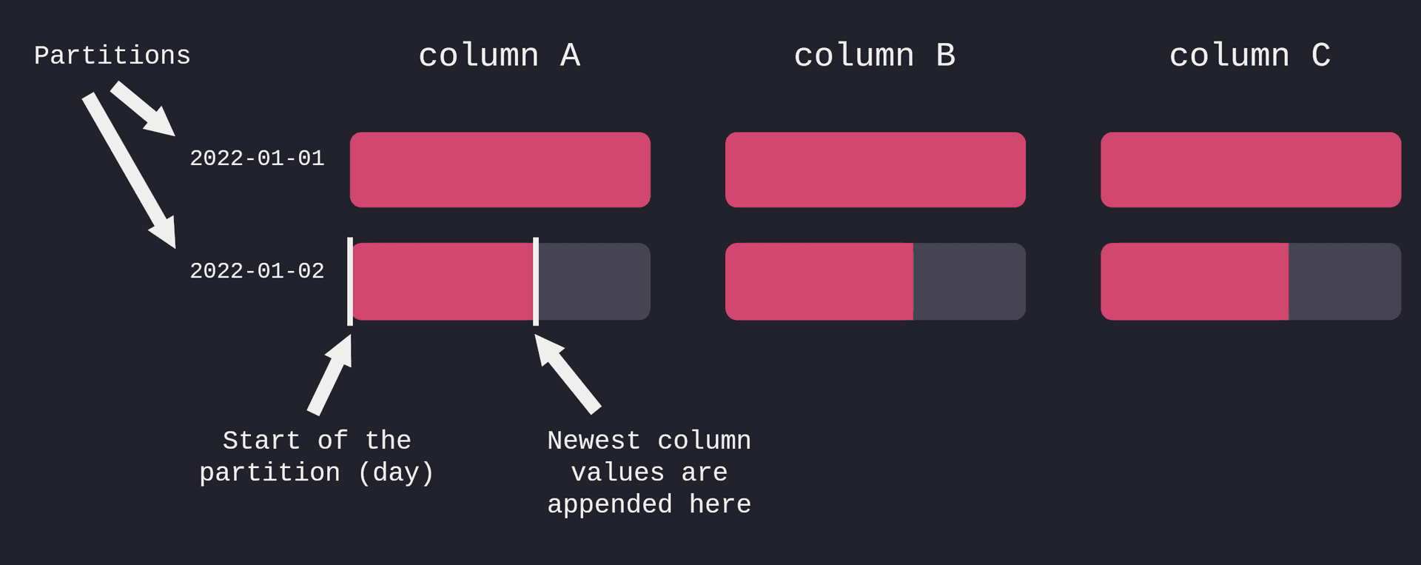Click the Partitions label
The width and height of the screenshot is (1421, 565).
click(x=112, y=56)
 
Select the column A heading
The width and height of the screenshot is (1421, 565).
click(x=500, y=56)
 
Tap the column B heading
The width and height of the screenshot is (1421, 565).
click(x=875, y=56)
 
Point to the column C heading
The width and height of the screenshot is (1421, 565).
click(x=1250, y=56)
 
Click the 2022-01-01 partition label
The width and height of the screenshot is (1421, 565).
click(x=257, y=158)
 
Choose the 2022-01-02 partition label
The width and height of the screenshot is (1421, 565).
click(x=257, y=271)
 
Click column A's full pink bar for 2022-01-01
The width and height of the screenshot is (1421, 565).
click(x=500, y=170)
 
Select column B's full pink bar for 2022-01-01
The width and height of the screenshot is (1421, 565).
click(x=876, y=170)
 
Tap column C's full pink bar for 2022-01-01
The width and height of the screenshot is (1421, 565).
click(x=1251, y=170)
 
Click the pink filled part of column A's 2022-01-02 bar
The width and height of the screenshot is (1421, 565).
click(x=443, y=281)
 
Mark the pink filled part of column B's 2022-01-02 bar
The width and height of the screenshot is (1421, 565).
click(x=819, y=281)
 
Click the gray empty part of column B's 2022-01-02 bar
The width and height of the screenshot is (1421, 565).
click(x=970, y=281)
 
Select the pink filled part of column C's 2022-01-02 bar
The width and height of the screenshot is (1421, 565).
click(x=1195, y=281)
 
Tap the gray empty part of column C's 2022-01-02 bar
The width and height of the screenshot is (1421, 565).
click(x=1345, y=281)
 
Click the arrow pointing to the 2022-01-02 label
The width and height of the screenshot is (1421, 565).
click(x=130, y=170)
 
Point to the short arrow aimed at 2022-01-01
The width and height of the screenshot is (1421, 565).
click(x=143, y=109)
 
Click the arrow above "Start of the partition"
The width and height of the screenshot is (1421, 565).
click(x=329, y=375)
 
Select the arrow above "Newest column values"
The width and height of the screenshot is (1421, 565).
click(x=568, y=373)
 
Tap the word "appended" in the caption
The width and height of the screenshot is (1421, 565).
click(x=610, y=505)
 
